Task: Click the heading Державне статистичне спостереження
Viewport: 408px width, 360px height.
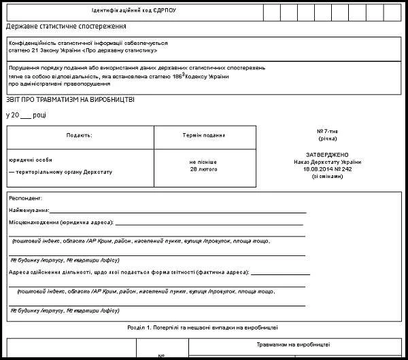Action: [x=67, y=26]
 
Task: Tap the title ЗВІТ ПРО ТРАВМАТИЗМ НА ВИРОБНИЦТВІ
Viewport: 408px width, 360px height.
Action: [x=70, y=100]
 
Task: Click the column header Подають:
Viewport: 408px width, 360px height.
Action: [x=80, y=135]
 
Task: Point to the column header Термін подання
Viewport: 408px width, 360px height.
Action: [x=204, y=135]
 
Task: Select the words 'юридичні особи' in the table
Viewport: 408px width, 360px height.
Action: [x=31, y=160]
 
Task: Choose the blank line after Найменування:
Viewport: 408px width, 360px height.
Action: [x=177, y=211]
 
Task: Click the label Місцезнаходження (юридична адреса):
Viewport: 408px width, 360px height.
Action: [x=61, y=222]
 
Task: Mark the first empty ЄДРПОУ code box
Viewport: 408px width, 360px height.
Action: [x=271, y=12]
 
